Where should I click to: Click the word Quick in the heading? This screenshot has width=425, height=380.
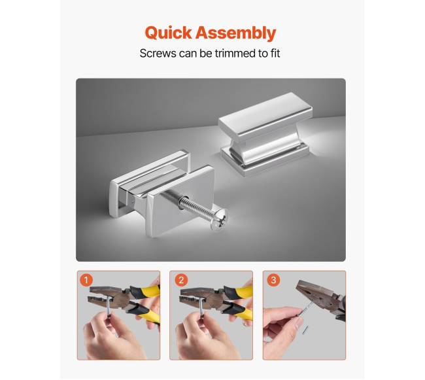tap(168, 33)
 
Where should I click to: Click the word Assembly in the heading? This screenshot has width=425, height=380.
tap(235, 33)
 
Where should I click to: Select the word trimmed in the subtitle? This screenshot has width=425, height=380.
tap(235, 53)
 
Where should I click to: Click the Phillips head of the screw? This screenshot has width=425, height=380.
tap(219, 218)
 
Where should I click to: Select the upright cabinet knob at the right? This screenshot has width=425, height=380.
tap(264, 133)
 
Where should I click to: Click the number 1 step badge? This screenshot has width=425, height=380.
tap(86, 280)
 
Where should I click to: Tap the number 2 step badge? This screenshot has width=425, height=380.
tap(181, 280)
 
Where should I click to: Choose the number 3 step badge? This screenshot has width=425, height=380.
tap(273, 280)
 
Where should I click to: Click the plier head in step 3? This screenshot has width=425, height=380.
tap(317, 296)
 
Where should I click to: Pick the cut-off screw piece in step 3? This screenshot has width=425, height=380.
tap(306, 330)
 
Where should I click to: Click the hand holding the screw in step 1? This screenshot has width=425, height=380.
tap(111, 336)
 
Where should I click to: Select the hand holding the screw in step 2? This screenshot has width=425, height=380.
tap(203, 336)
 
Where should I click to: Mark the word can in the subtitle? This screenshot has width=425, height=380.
tap(188, 54)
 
